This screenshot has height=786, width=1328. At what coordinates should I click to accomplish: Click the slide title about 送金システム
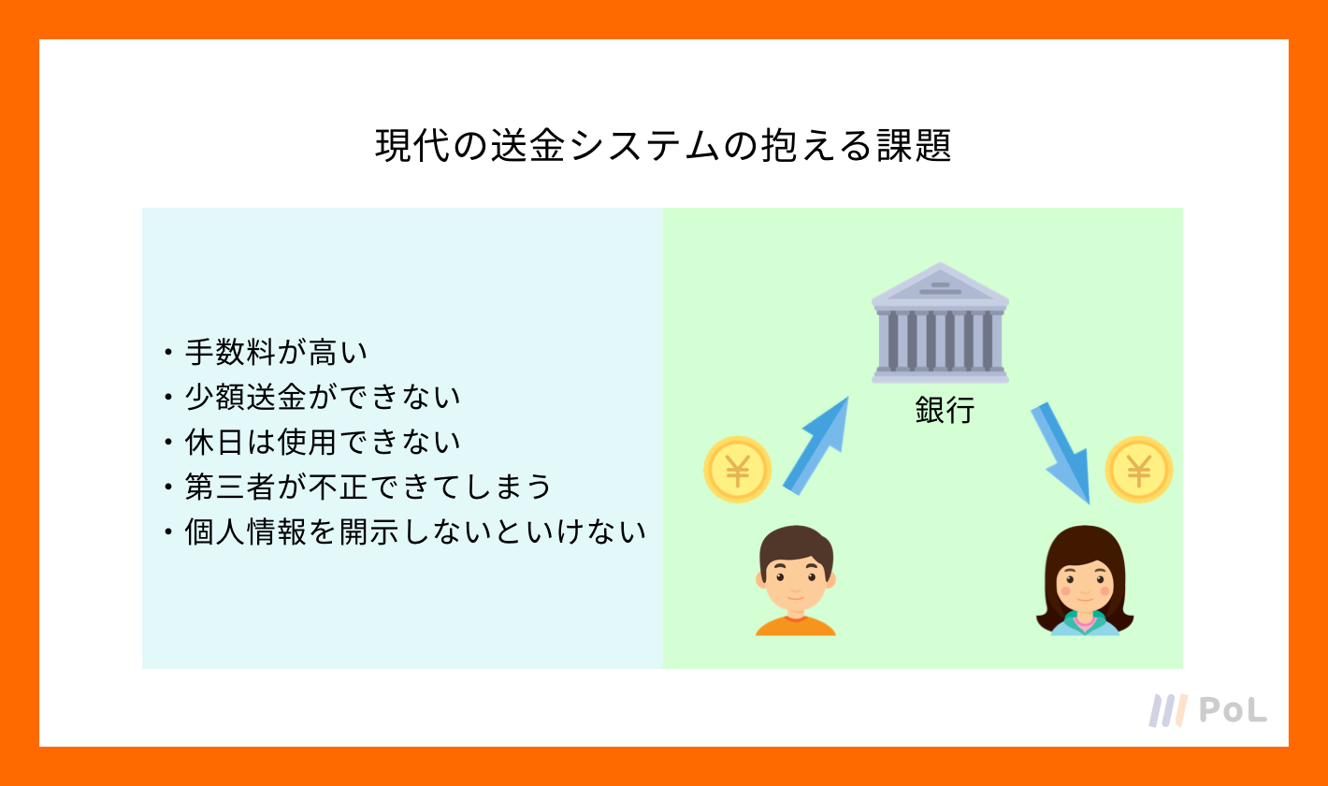[x=663, y=145]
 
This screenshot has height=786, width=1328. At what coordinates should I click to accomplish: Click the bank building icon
[x=940, y=323]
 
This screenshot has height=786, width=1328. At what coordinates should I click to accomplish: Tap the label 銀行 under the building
[x=945, y=410]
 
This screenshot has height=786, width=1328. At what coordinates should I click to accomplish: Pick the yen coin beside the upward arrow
[x=738, y=470]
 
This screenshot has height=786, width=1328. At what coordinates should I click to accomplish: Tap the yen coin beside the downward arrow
[x=1139, y=470]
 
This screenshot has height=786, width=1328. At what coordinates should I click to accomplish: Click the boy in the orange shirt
[x=796, y=580]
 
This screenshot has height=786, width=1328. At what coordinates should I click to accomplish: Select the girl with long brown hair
[x=1084, y=580]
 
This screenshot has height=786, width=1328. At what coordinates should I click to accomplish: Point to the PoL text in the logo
[x=1234, y=709]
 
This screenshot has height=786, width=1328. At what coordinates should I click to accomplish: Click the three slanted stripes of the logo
[x=1168, y=710]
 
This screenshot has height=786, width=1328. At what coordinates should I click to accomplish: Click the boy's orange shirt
[x=796, y=626]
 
